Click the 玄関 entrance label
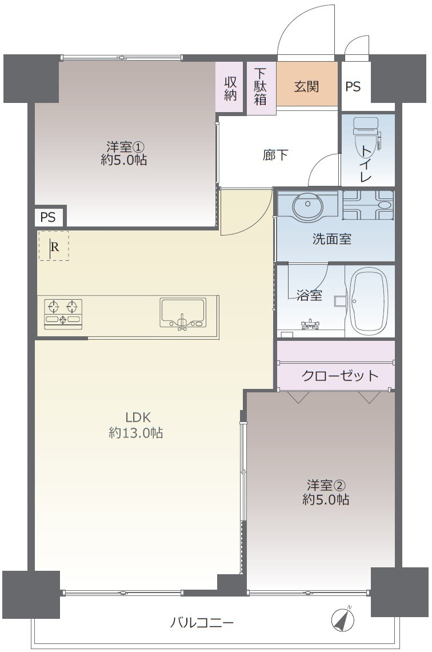(x=307, y=87)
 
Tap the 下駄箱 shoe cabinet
(x=261, y=87)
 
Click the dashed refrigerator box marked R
(x=54, y=247)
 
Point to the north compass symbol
(x=343, y=619)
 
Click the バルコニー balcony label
(x=202, y=622)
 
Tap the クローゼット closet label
(x=339, y=376)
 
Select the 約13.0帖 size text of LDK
(x=136, y=434)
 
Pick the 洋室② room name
(x=325, y=486)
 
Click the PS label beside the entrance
(x=353, y=87)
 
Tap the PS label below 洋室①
(x=49, y=217)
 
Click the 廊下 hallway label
(x=275, y=155)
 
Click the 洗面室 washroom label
(x=331, y=240)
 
